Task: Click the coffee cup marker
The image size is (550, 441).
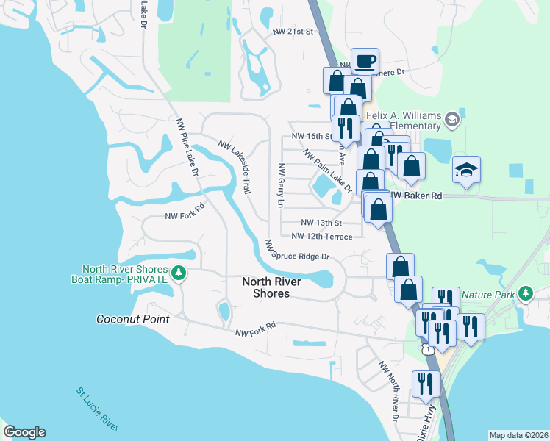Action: click(364, 61)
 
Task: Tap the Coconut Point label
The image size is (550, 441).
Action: click(133, 319)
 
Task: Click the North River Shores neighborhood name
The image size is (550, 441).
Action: click(266, 287)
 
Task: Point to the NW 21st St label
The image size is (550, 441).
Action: click(293, 32)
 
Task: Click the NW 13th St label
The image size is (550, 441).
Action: click(322, 223)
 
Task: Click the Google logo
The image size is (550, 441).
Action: click(24, 432)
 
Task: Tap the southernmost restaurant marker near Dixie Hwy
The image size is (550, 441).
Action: click(426, 383)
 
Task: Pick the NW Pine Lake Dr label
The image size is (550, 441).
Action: click(187, 147)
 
